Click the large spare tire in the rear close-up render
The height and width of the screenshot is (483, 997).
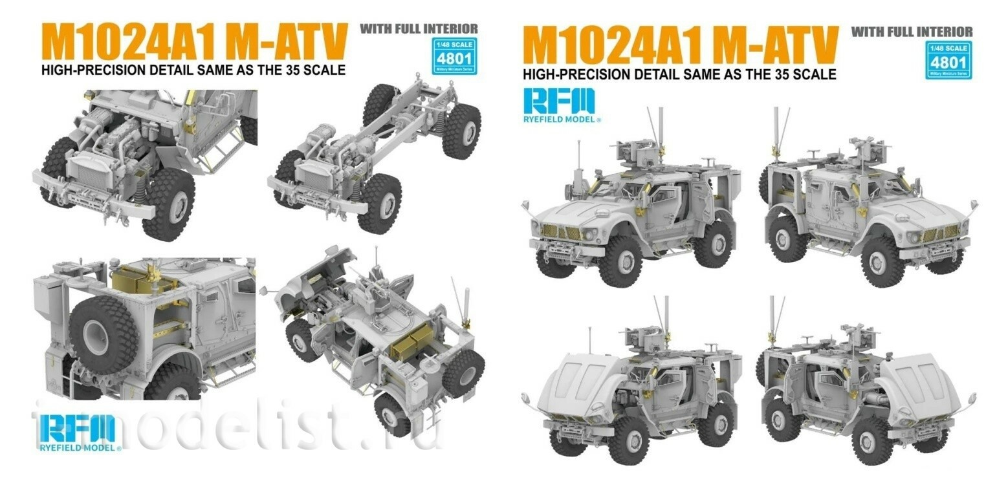click(x=104, y=333)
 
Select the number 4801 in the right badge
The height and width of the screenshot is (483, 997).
click(x=950, y=63)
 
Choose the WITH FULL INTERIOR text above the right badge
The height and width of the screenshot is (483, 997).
click(x=912, y=31)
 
